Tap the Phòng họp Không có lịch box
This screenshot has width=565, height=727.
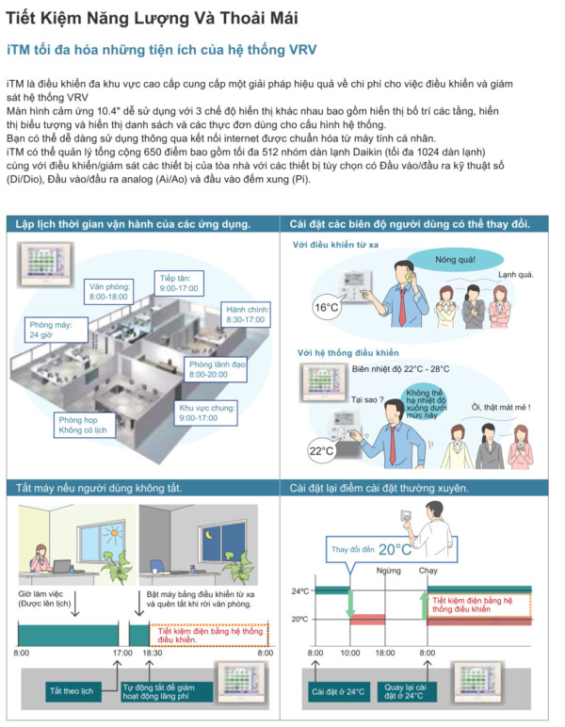click(x=84, y=425)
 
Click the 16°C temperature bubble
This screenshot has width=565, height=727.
click(x=326, y=307)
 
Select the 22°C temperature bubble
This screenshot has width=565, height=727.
click(x=321, y=450)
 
